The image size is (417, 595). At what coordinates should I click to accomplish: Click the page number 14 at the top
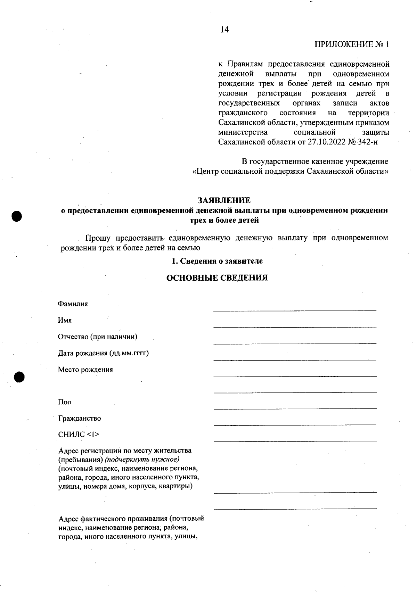click(224, 30)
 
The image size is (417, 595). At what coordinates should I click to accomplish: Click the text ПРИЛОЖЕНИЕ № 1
click(352, 44)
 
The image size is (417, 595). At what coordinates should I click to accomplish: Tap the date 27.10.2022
click(326, 142)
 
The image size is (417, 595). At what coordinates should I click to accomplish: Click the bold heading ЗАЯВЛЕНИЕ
click(224, 200)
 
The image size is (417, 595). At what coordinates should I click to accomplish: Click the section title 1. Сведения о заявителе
click(217, 261)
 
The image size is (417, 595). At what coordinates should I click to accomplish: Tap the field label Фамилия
click(73, 304)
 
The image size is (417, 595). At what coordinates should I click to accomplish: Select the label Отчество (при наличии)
click(98, 337)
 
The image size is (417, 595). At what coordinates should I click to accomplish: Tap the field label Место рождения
click(85, 370)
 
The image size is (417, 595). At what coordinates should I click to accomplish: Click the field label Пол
click(65, 402)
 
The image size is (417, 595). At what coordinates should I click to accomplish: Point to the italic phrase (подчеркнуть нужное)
click(142, 460)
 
